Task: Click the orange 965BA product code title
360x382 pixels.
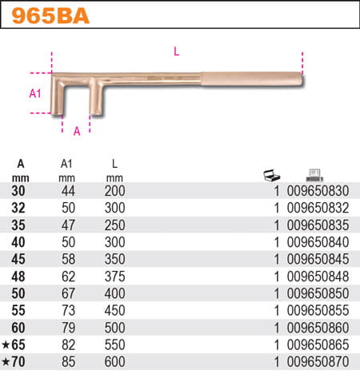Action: (x=50, y=16)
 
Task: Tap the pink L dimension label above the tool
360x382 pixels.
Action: (x=176, y=51)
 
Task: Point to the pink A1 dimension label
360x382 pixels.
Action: (x=35, y=94)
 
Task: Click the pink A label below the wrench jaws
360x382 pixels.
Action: (x=77, y=131)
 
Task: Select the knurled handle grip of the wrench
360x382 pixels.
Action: (x=252, y=79)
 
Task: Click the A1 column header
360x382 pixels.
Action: (x=66, y=164)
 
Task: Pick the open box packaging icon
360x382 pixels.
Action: (x=271, y=176)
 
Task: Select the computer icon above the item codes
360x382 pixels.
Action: (x=314, y=176)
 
